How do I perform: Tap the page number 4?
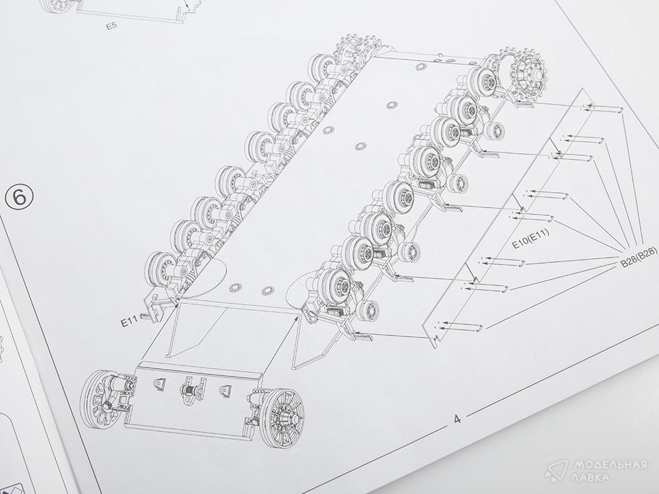457,419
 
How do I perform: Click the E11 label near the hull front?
130,322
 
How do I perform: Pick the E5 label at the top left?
111,27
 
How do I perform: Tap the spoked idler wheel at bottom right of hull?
282,417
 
